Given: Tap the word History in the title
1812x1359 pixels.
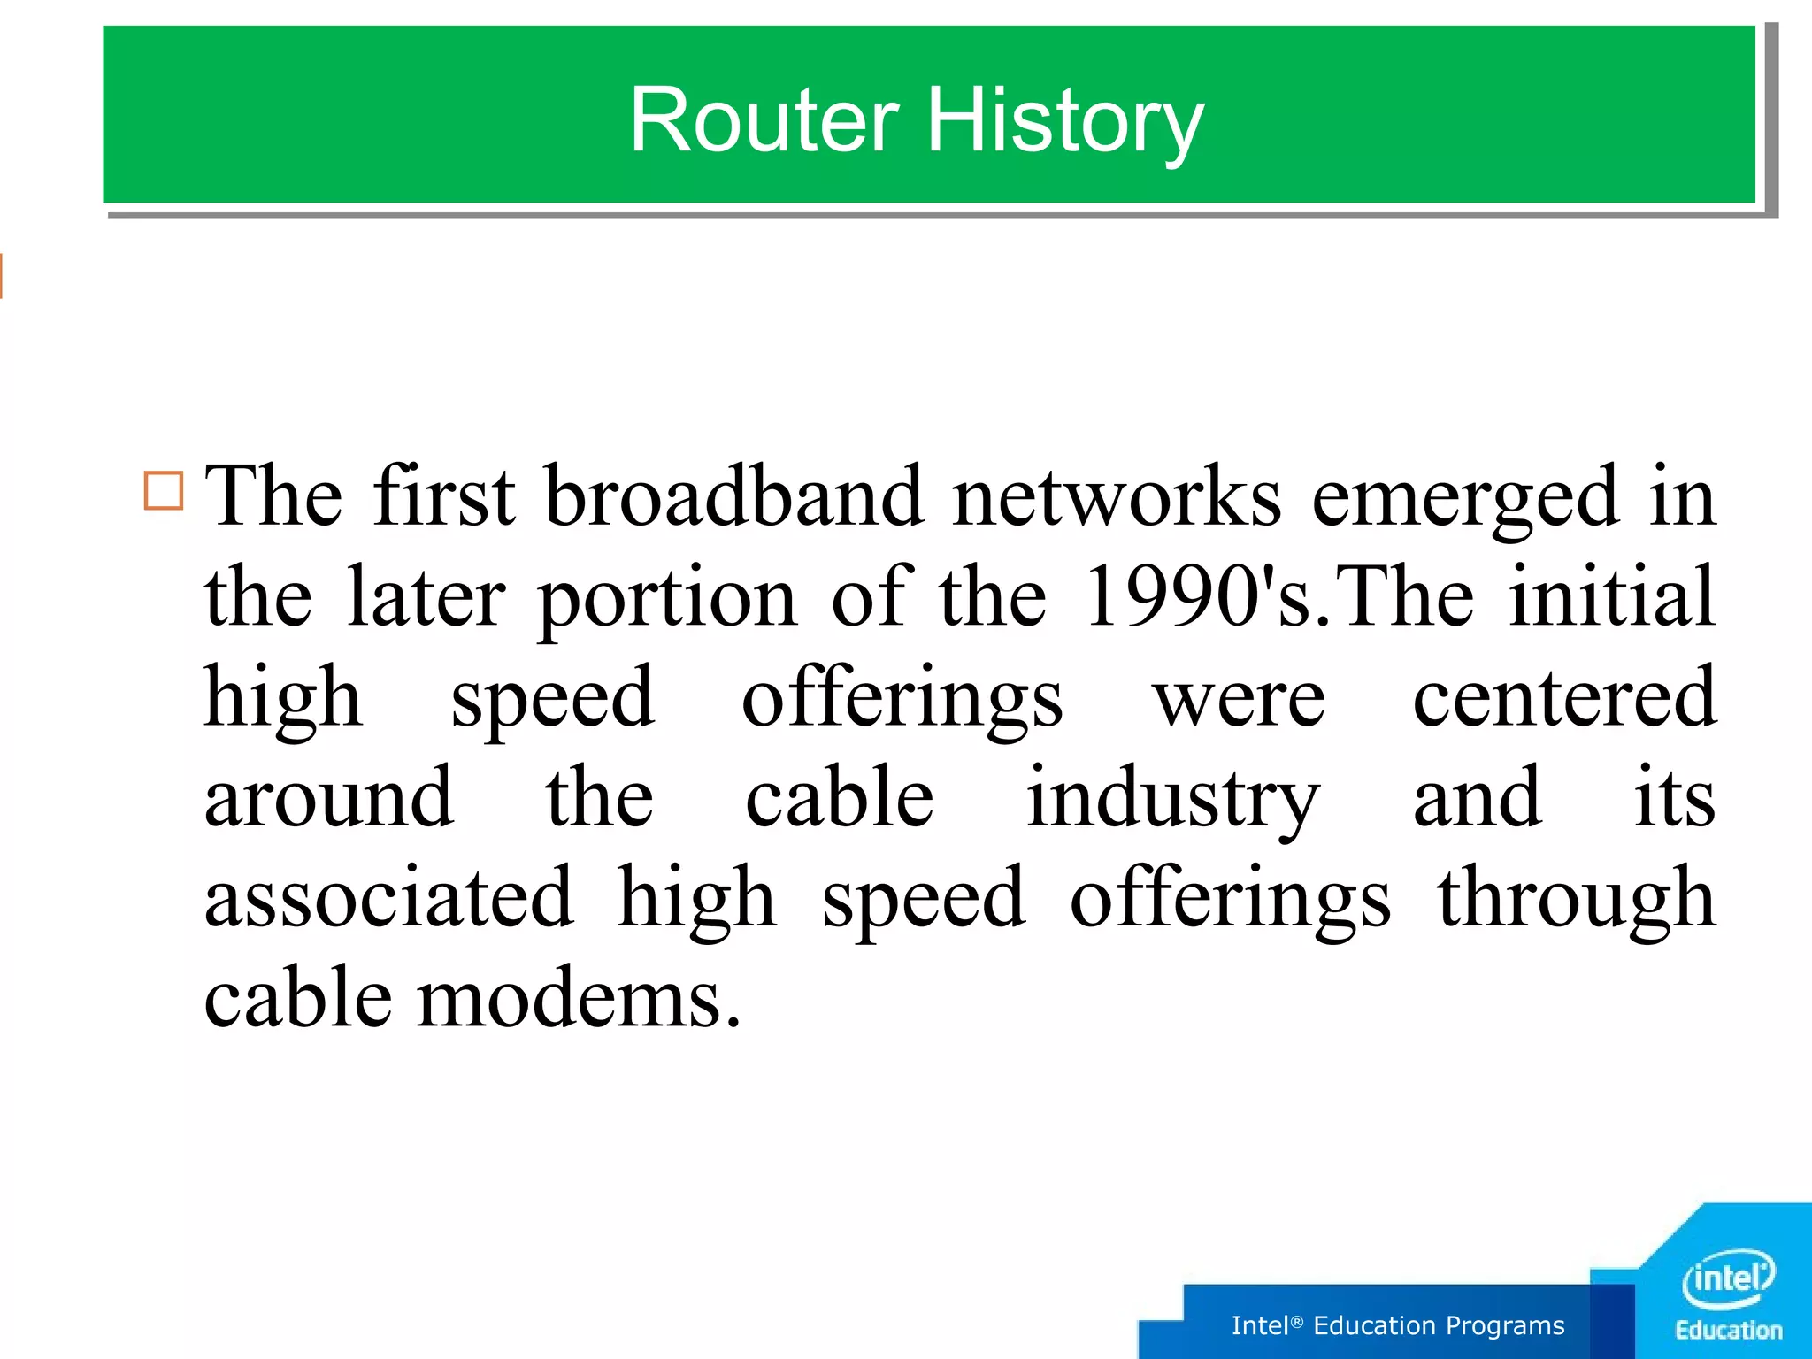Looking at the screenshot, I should [x=1064, y=122].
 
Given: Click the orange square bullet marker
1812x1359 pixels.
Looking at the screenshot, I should [x=164, y=490].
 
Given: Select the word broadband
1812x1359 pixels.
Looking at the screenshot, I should [x=733, y=496].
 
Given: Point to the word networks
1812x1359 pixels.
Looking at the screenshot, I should [x=1116, y=496].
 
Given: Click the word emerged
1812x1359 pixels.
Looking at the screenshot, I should [x=1465, y=498].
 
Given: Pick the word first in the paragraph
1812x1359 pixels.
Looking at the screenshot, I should [x=443, y=496].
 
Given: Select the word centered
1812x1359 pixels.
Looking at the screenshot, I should [x=1563, y=697].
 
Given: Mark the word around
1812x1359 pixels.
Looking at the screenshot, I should [x=329, y=798].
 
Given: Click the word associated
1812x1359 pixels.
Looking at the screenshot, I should [x=388, y=898].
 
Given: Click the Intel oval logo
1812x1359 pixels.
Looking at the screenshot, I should [x=1728, y=1278].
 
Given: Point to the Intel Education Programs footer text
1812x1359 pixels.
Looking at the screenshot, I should [x=1398, y=1325].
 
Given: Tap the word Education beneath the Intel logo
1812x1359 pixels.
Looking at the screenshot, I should [x=1729, y=1331].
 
